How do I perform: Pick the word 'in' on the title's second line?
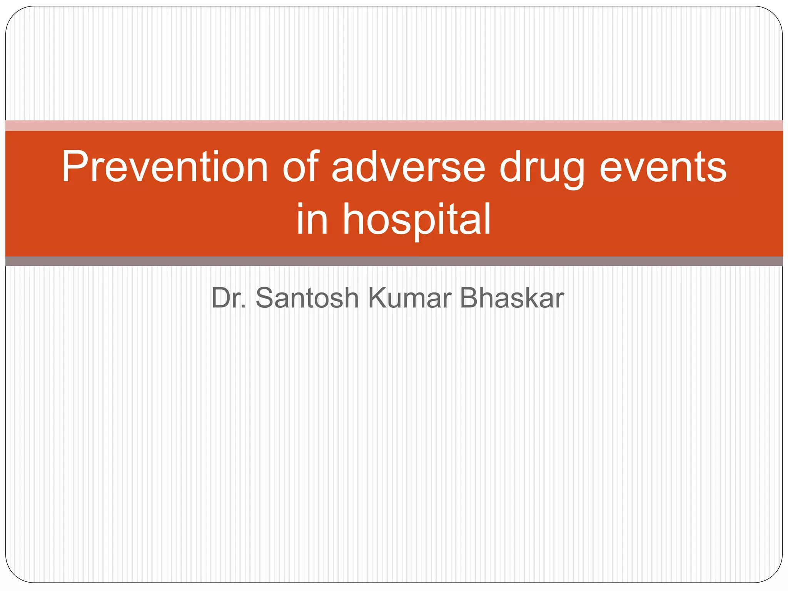312,219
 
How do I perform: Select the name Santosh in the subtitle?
307,298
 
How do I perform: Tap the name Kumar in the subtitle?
409,298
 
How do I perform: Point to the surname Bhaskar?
512,298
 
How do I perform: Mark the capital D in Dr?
220,298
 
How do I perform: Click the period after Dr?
243,307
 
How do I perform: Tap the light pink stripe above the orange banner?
394,125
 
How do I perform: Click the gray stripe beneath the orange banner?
394,261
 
